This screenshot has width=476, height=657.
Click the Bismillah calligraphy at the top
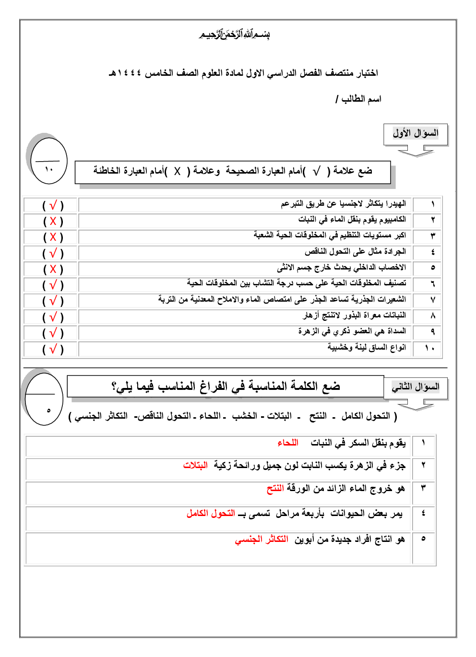coord(235,35)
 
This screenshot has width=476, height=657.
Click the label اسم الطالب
coord(361,99)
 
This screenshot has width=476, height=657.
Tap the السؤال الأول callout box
coord(416,133)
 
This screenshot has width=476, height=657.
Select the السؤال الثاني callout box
coord(416,387)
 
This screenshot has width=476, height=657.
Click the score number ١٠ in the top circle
coord(49,169)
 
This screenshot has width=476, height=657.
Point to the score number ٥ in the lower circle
coord(48,411)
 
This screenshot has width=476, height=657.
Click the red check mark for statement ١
coord(53,205)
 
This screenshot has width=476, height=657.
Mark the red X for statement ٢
coord(53,221)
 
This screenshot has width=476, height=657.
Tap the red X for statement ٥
coord(53,269)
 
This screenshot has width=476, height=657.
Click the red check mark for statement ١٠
coord(53,349)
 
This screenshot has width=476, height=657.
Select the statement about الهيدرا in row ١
coord(343,204)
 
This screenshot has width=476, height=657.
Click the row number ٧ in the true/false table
coord(432,300)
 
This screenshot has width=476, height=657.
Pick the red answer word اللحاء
coord(288,443)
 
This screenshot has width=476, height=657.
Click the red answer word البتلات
coord(195,465)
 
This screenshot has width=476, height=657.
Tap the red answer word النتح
coord(275,489)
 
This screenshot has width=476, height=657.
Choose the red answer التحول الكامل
coord(211,514)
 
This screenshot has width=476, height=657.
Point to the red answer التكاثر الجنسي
coord(262,540)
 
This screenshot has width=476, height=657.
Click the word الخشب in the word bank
coord(245,416)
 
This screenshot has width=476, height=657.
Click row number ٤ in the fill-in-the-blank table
coord(423,513)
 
